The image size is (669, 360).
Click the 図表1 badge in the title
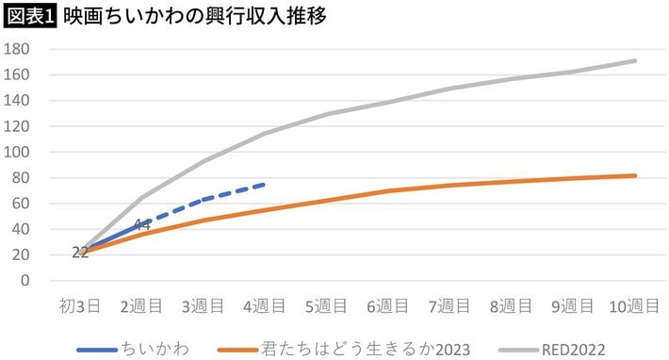click(30, 16)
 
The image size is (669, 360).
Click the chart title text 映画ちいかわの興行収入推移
click(194, 16)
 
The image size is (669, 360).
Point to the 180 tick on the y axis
click(17, 49)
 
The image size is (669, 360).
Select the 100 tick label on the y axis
click(17, 153)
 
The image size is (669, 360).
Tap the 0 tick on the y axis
click(25, 281)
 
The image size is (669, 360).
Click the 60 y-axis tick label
click(21, 204)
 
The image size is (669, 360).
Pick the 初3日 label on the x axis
click(80, 306)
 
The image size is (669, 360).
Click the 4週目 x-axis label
click(265, 306)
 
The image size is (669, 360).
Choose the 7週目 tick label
click(449, 306)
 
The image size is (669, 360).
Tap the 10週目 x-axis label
click(634, 306)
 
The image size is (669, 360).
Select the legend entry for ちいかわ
click(133, 350)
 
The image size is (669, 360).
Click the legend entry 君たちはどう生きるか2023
click(344, 350)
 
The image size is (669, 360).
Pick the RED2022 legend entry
click(552, 350)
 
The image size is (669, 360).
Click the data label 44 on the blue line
click(141, 225)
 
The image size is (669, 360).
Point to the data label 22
click(80, 253)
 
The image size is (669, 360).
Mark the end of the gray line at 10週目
click(635, 61)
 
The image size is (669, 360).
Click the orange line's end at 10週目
click(635, 175)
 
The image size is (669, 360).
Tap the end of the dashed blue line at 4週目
click(265, 185)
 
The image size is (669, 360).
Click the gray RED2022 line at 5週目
click(326, 114)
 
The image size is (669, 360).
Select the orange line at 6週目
click(388, 190)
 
